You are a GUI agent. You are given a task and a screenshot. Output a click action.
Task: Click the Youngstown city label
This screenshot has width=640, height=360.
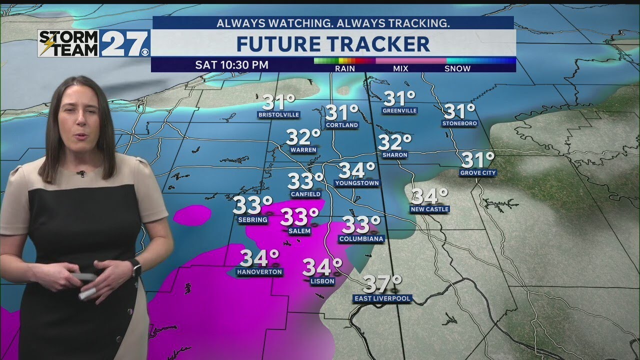(357, 183)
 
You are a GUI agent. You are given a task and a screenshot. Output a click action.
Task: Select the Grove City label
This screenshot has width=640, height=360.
(478, 173)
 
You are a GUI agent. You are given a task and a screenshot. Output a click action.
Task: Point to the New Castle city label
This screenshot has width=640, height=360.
(429, 209)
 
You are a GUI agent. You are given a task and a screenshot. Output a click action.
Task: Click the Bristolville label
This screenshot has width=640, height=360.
(278, 114)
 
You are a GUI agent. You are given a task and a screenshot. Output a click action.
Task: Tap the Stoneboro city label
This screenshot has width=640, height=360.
(459, 123)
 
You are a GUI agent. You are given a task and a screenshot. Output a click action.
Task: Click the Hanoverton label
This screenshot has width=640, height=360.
(259, 272)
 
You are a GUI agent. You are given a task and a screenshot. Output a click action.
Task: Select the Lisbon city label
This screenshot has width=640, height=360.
(322, 281)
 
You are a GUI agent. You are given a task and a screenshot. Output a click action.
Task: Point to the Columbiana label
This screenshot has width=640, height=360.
(361, 239)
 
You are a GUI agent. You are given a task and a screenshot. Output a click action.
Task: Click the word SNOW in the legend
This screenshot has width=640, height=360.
(457, 68)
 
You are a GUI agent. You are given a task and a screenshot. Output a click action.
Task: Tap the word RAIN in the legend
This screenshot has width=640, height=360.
(345, 68)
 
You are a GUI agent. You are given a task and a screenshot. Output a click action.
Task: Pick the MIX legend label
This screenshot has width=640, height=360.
(401, 68)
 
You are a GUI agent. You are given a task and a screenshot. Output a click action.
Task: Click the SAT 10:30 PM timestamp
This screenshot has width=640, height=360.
(231, 65)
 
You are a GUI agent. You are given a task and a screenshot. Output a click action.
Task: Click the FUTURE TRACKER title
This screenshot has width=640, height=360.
(333, 44)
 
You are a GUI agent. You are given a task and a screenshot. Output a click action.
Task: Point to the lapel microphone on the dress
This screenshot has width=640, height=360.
(80, 173)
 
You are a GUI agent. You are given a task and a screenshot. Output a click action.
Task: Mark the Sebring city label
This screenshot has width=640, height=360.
(253, 219)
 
